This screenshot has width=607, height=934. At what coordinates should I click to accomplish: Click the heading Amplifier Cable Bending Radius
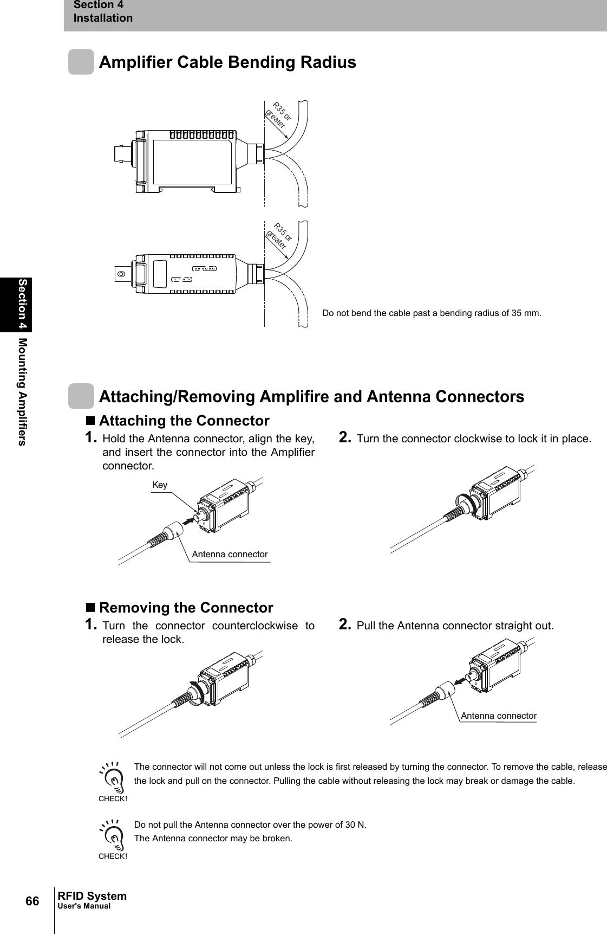227,62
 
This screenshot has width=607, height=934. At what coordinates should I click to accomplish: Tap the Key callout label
160,485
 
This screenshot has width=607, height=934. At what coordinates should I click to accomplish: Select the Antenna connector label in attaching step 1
230,554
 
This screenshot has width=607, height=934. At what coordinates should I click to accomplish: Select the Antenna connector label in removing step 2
498,716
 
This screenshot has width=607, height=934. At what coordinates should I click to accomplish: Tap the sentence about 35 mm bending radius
432,313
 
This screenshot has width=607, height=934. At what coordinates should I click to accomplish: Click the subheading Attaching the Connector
184,421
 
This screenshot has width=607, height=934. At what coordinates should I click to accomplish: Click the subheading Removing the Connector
186,607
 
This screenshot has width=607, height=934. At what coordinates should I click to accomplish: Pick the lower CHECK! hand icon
113,837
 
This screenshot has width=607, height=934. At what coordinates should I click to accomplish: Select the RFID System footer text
92,896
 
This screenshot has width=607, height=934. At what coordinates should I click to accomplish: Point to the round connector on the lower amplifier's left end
121,274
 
